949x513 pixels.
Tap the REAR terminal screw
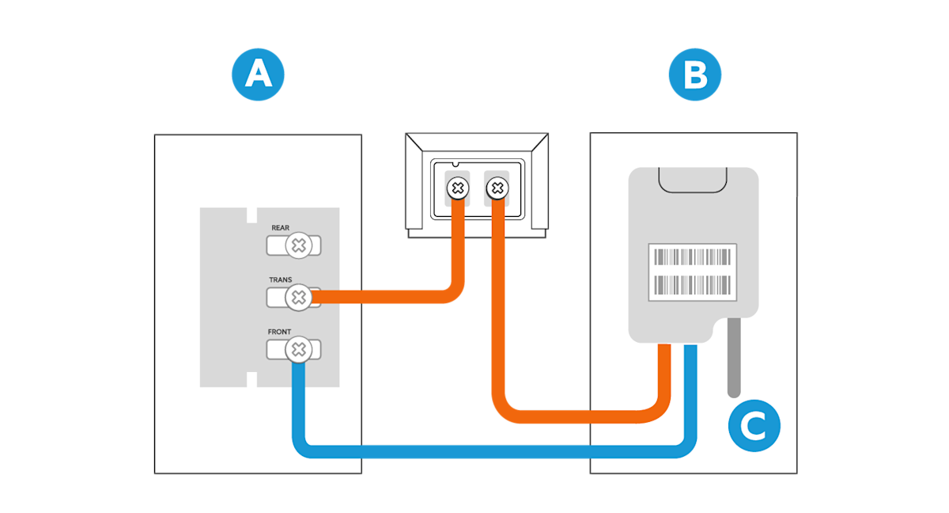point(298,246)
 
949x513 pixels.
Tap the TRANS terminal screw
point(298,298)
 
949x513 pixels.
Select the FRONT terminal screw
point(298,349)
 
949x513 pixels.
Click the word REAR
point(280,228)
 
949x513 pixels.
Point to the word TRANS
point(280,280)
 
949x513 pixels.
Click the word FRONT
point(279,332)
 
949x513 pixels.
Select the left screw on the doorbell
point(457,188)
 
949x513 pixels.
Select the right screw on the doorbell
point(497,188)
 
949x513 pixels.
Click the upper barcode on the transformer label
point(691,257)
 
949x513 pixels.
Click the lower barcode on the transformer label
point(691,284)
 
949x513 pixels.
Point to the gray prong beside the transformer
point(734,356)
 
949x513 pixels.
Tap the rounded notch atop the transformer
point(693,180)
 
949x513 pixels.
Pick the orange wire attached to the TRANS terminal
point(380,298)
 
